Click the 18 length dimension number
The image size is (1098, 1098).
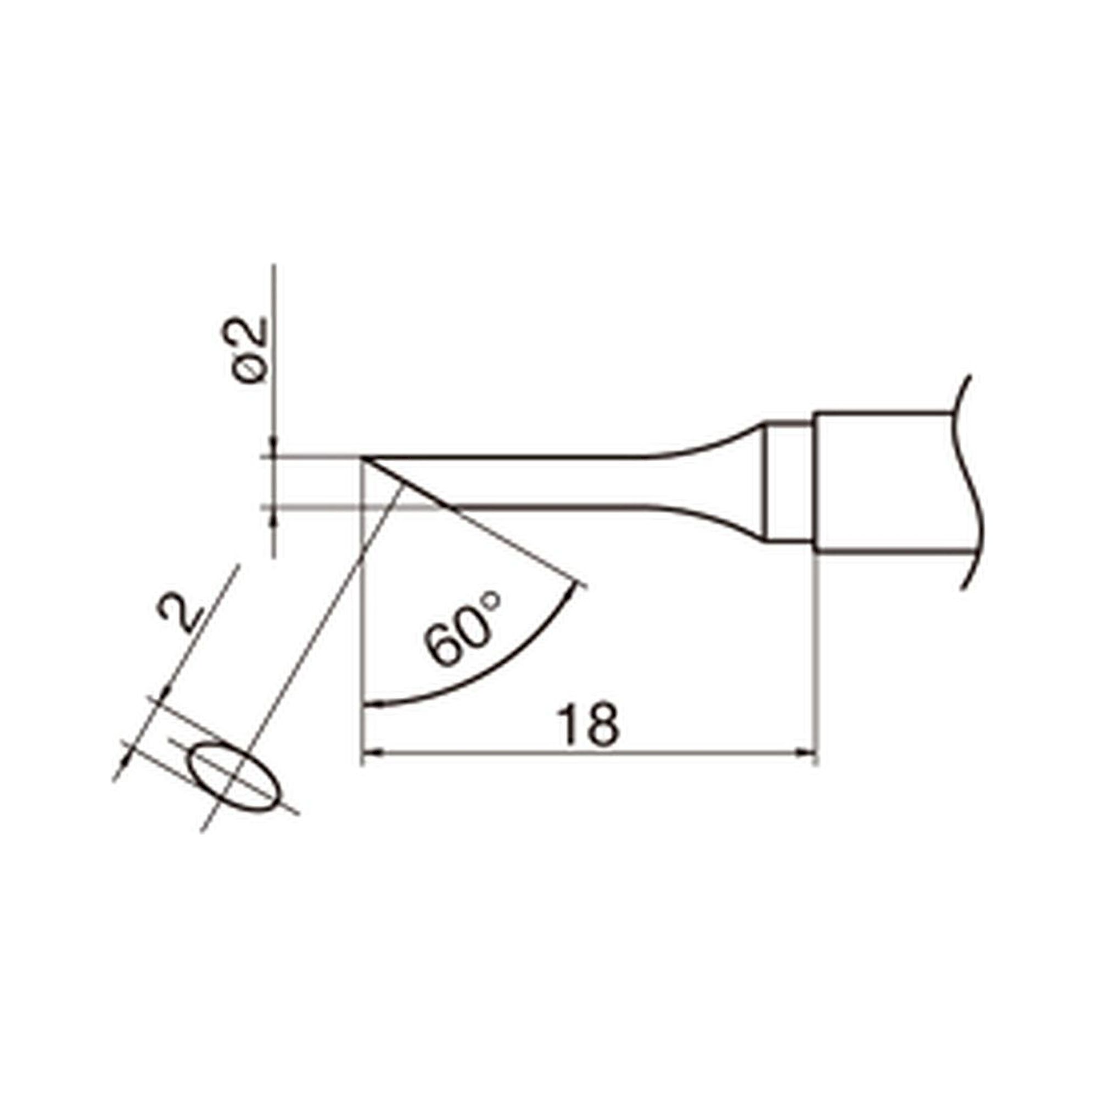pos(587,725)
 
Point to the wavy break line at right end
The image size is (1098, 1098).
pos(968,483)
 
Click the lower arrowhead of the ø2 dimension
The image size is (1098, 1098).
pos(274,517)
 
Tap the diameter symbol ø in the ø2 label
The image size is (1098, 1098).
pos(249,369)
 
